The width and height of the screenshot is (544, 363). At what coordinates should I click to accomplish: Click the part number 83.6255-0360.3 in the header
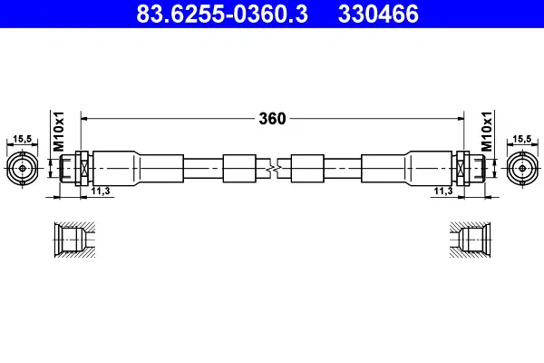point(222,14)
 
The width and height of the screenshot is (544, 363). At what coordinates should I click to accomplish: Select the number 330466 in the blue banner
point(378,14)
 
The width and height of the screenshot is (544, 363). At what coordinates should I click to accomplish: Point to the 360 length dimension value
point(272,119)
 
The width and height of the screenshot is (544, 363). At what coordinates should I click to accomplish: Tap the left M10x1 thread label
point(59,132)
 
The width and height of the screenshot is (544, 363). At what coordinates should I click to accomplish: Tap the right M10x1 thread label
point(487,132)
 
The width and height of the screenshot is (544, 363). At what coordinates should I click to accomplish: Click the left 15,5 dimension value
point(22,139)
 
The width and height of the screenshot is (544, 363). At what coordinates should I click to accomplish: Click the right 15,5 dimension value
point(522,139)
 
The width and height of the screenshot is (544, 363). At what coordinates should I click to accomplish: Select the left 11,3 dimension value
point(101,191)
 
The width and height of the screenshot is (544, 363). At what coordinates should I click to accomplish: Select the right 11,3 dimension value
point(443,191)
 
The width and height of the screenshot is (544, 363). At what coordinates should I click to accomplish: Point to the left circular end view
point(23,169)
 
